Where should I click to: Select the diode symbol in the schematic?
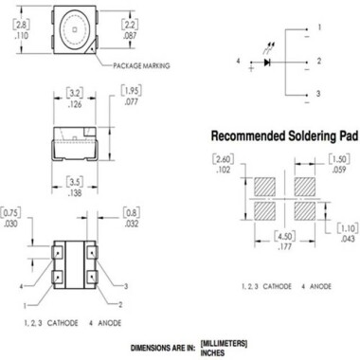pyautogui.click(x=270, y=63)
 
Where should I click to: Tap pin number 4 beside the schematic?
pyautogui.click(x=240, y=62)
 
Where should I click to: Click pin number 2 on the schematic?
pyautogui.click(x=320, y=62)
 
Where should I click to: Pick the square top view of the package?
pyautogui.click(x=75, y=31)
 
